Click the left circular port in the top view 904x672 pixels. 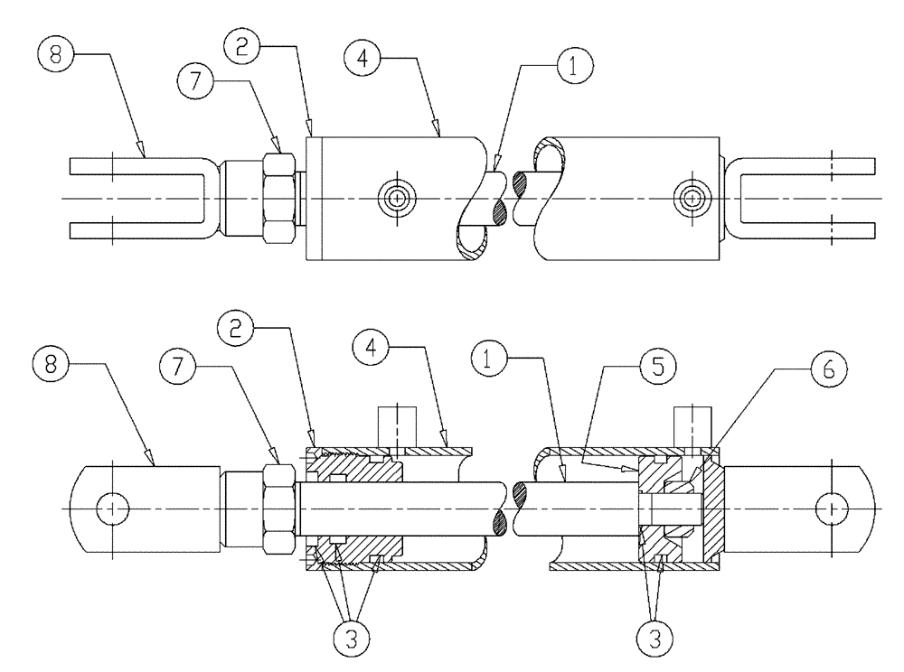395,197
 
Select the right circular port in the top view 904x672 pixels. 692,197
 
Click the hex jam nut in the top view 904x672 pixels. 279,198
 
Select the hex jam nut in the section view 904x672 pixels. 279,509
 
